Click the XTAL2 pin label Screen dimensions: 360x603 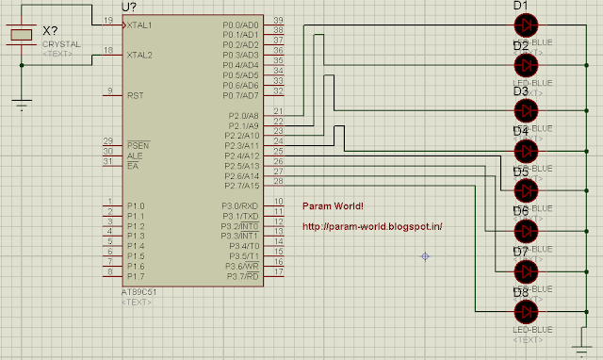(x=139, y=55)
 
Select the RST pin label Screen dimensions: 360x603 (x=135, y=95)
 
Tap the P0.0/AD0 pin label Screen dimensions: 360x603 (x=240, y=24)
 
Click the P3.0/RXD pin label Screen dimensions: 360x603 (x=240, y=205)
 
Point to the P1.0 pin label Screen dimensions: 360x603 (x=136, y=205)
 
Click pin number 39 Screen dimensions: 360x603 (x=278, y=20)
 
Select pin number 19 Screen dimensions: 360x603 (x=109, y=20)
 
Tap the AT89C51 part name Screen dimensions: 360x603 (x=139, y=291)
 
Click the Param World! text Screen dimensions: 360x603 (x=333, y=206)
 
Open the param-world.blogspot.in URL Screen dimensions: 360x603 (x=372, y=227)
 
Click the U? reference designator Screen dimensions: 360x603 (x=129, y=7)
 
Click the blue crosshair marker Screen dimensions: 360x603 (x=426, y=256)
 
